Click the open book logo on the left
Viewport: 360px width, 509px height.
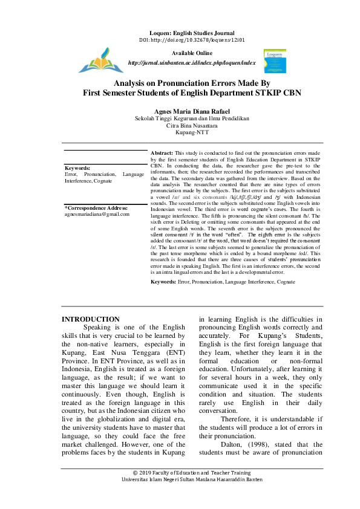(100, 60)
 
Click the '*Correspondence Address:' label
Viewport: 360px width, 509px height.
(96, 207)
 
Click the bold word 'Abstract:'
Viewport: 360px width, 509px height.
(162, 154)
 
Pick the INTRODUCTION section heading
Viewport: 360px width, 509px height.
(91, 319)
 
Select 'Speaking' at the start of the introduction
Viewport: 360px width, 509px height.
(100, 327)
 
